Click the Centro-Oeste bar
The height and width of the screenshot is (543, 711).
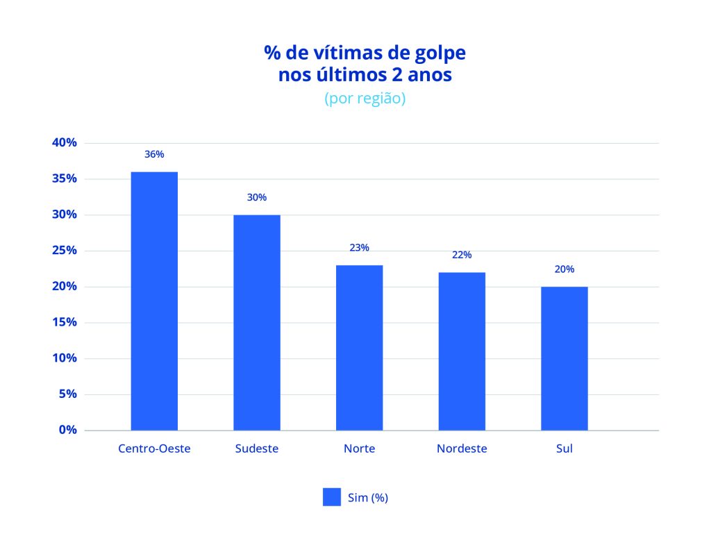pyautogui.click(x=154, y=301)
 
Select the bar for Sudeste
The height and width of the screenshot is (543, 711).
pyautogui.click(x=257, y=322)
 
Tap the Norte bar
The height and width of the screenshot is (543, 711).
pyautogui.click(x=359, y=347)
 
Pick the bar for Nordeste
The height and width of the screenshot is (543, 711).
pyautogui.click(x=462, y=351)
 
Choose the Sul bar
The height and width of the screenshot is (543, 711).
pyautogui.click(x=564, y=358)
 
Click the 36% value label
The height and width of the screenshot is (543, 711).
pyautogui.click(x=154, y=154)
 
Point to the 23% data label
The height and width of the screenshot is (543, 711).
pyautogui.click(x=359, y=248)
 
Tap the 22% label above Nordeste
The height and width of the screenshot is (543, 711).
pyautogui.click(x=462, y=255)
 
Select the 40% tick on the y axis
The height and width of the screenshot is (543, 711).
pyautogui.click(x=64, y=142)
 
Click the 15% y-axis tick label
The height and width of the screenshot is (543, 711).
pyautogui.click(x=64, y=322)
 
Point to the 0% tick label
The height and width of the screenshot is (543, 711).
pyautogui.click(x=67, y=430)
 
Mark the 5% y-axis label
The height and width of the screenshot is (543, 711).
pyautogui.click(x=67, y=394)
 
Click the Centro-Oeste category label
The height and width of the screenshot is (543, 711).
pyautogui.click(x=154, y=449)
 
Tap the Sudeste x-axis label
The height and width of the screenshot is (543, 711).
pyautogui.click(x=257, y=449)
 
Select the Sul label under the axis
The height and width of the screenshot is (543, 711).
pyautogui.click(x=564, y=449)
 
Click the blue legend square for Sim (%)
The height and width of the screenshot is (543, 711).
pyautogui.click(x=332, y=497)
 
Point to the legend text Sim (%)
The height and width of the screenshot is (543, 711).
pyautogui.click(x=367, y=497)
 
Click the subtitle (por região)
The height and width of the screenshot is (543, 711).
pyautogui.click(x=365, y=99)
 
